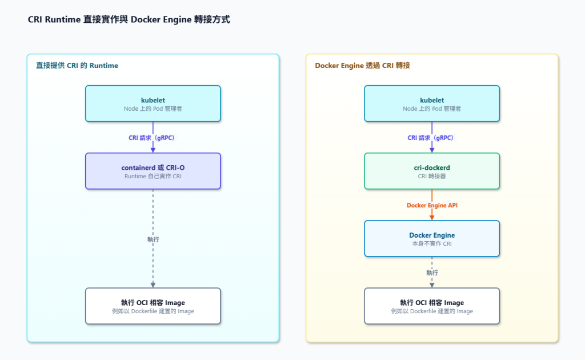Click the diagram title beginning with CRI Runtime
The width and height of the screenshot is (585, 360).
(129, 19)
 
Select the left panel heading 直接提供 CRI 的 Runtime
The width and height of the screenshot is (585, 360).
(77, 66)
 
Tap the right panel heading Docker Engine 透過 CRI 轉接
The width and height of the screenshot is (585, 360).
(362, 66)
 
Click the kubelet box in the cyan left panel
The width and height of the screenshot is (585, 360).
(153, 103)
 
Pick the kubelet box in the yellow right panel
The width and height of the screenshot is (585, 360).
(432, 103)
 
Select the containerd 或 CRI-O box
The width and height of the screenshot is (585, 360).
(153, 171)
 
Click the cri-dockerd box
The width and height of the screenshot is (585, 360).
(432, 171)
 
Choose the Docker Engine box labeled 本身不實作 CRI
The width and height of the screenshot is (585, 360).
(432, 239)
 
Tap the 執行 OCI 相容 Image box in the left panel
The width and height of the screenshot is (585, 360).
(153, 306)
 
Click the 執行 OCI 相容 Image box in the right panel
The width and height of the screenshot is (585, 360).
(432, 306)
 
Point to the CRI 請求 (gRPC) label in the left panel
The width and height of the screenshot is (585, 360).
(151, 138)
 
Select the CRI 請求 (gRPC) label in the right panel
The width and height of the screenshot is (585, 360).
(431, 138)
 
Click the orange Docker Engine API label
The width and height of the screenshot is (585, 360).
(432, 205)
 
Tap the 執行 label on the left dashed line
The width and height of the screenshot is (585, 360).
(153, 239)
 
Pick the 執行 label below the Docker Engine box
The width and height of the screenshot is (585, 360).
(432, 273)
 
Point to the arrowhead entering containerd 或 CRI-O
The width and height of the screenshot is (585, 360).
(153, 150)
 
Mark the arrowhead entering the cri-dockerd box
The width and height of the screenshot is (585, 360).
(432, 150)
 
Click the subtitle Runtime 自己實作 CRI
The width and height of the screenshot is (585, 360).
(153, 176)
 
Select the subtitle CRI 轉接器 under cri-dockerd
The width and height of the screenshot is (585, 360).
(432, 176)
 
